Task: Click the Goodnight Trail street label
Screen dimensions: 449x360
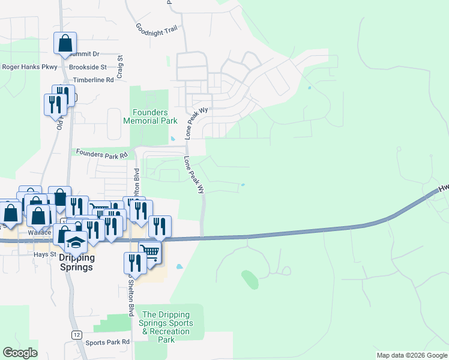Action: (x=157, y=29)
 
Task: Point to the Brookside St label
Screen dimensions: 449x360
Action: (x=88, y=67)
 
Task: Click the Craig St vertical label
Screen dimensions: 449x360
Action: (x=120, y=67)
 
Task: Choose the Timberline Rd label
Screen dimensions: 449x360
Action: (x=93, y=80)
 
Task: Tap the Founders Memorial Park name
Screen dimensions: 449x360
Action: (x=150, y=116)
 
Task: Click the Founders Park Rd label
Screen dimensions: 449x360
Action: (x=101, y=154)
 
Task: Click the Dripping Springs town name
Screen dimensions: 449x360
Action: (x=76, y=263)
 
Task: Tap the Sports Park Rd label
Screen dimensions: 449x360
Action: (x=107, y=343)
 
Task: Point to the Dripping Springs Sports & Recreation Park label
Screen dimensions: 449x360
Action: (x=166, y=327)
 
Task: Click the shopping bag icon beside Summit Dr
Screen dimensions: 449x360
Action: (x=65, y=44)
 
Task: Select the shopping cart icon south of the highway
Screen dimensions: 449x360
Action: (x=150, y=252)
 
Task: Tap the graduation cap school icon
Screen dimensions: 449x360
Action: (x=76, y=241)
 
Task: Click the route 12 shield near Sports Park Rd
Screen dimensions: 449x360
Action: (x=77, y=334)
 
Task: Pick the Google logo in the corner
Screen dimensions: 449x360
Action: (x=20, y=353)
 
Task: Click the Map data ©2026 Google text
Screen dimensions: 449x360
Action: (x=411, y=355)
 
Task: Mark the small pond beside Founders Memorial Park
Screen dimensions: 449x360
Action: (x=173, y=139)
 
